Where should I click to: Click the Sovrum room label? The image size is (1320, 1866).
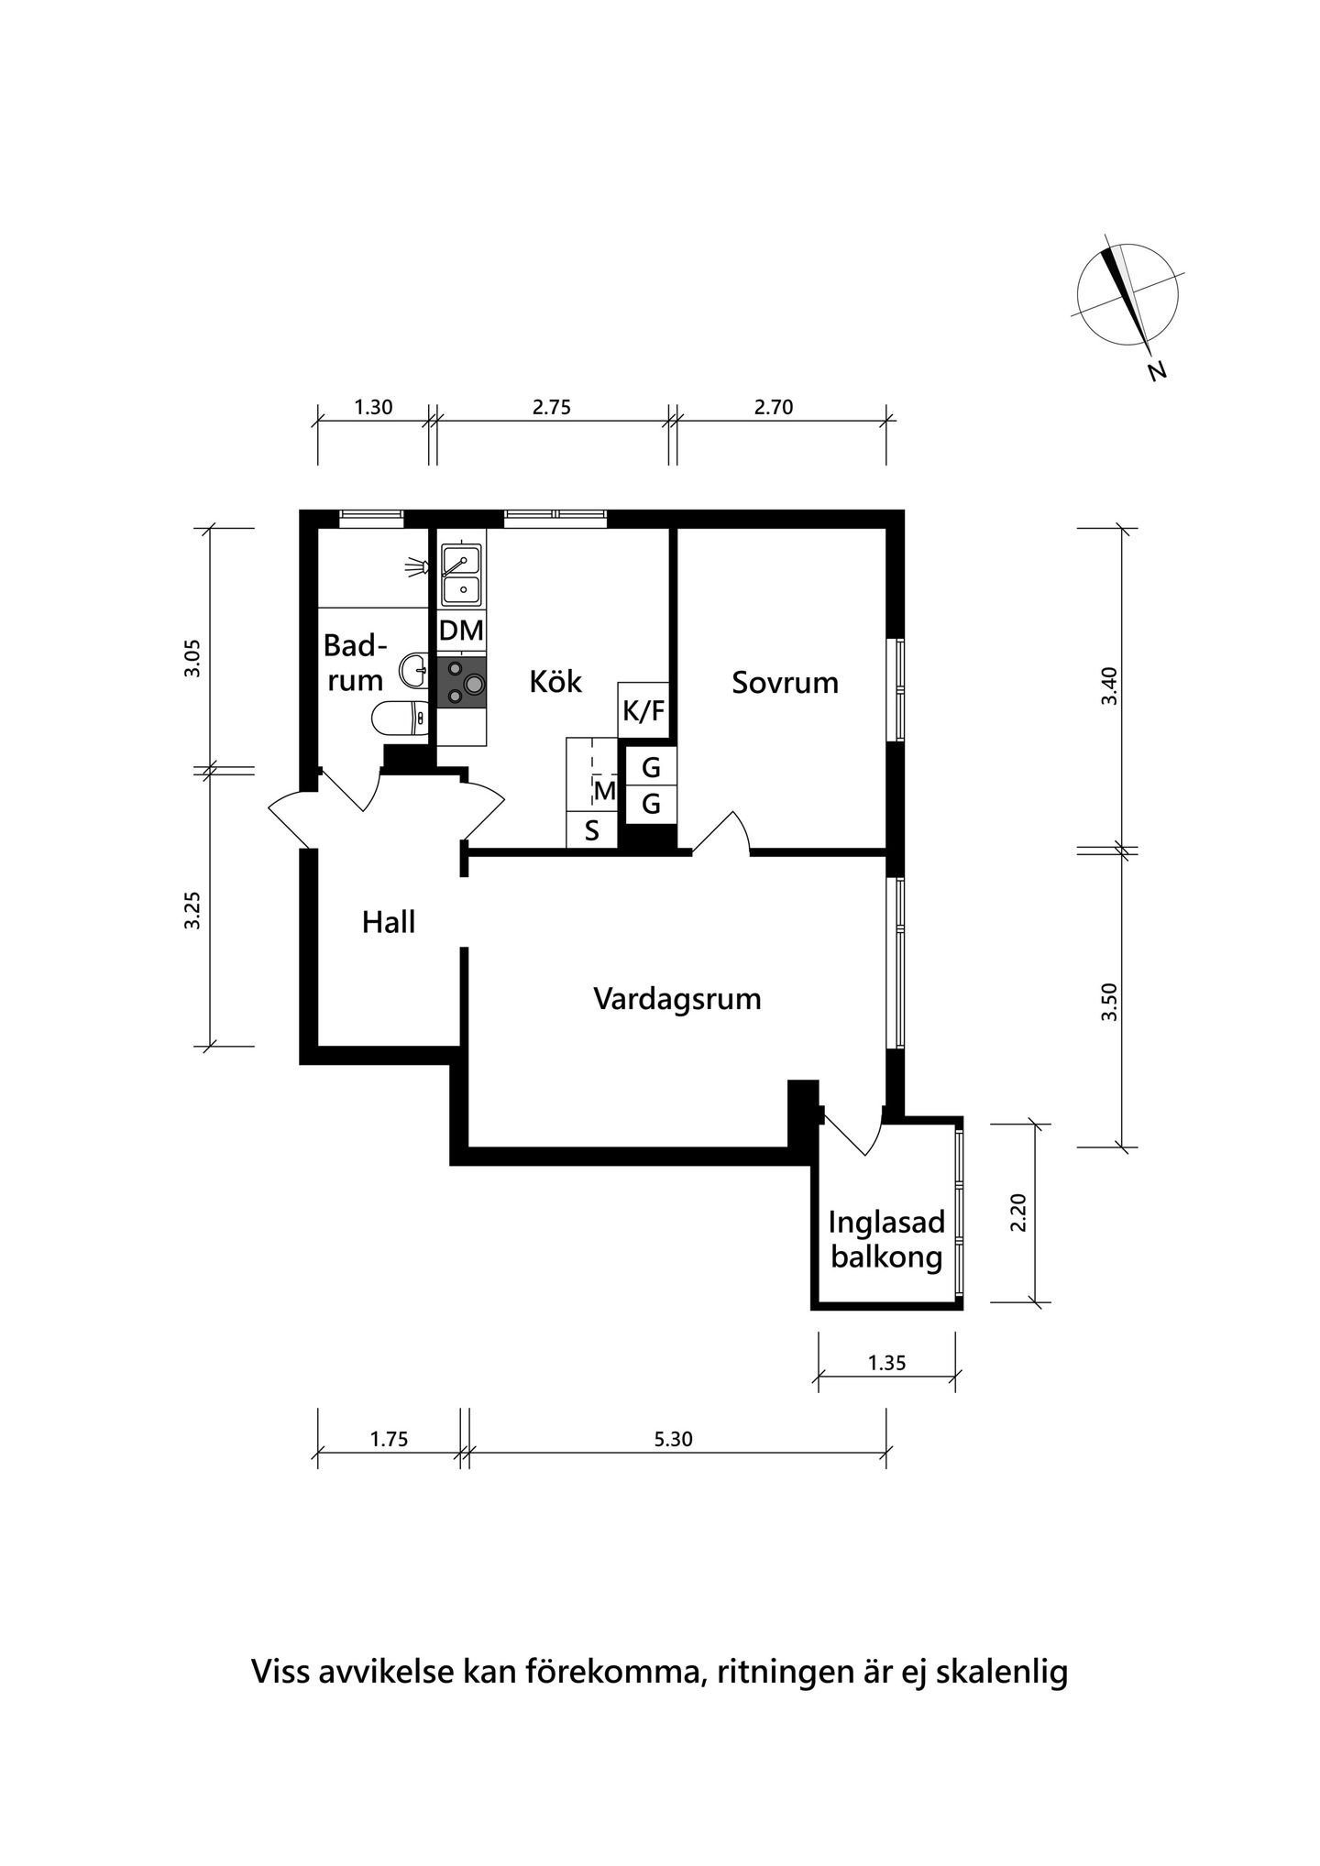click(x=785, y=683)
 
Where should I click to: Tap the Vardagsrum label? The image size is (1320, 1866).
click(x=677, y=999)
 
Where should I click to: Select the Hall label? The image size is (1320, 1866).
click(x=389, y=922)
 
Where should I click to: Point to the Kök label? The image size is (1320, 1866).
click(x=555, y=682)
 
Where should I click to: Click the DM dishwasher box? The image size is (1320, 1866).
click(x=461, y=631)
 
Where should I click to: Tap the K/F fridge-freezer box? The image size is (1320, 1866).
click(x=643, y=710)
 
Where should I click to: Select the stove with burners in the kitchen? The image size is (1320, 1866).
click(x=461, y=683)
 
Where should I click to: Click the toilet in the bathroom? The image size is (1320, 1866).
click(x=400, y=718)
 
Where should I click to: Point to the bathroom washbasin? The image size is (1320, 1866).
click(x=414, y=670)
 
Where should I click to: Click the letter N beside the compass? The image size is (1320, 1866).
click(x=1158, y=371)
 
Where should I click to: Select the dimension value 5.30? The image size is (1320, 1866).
click(x=673, y=1440)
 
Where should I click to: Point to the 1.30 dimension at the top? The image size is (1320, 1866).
click(x=373, y=408)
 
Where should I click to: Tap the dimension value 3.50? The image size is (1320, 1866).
click(x=1110, y=1003)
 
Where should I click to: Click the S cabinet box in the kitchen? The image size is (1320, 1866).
click(x=592, y=830)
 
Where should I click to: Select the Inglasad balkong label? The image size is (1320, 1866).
click(x=886, y=1240)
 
